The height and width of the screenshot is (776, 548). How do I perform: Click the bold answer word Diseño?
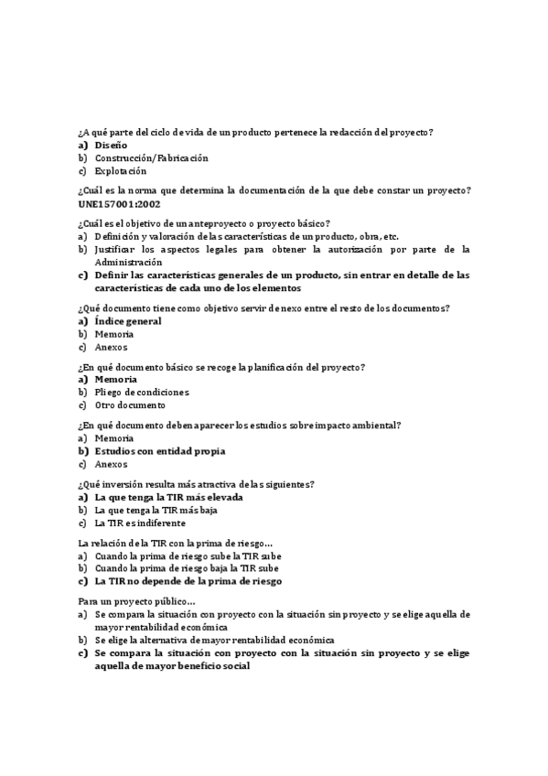tap(111, 145)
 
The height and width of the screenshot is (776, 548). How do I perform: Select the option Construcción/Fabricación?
tap(151, 158)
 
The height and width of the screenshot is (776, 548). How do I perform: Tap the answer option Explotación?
tap(120, 171)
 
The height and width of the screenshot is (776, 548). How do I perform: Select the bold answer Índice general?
tap(128, 321)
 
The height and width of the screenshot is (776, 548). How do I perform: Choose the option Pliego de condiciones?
tap(142, 393)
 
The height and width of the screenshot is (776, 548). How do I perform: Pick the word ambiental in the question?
tap(379, 426)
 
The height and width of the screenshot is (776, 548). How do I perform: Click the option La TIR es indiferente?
tap(139, 523)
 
